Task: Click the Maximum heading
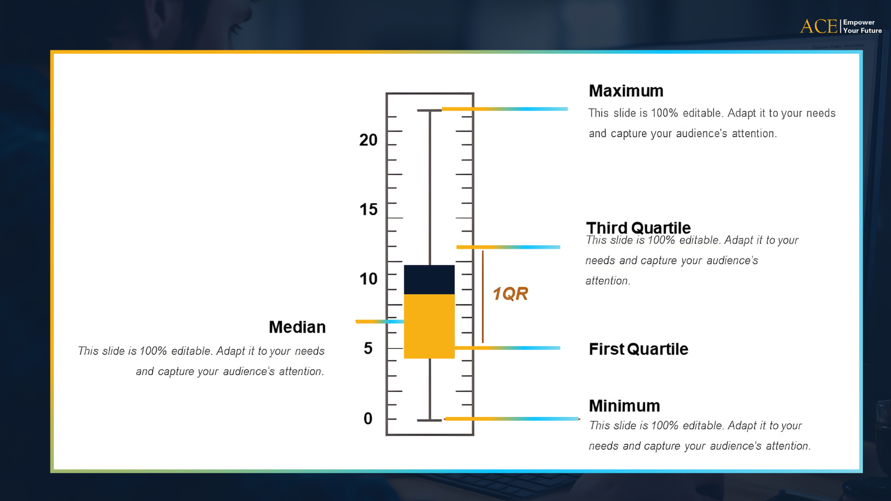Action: tap(626, 91)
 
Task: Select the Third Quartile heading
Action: tap(638, 228)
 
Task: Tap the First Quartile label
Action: tap(639, 349)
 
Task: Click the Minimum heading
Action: tap(624, 406)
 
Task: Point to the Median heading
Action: tap(297, 327)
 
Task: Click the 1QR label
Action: tap(510, 294)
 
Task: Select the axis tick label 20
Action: tap(368, 140)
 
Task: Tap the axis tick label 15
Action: tap(368, 209)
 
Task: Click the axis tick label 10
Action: tap(368, 279)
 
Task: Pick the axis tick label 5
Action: tap(368, 349)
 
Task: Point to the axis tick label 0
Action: tap(368, 419)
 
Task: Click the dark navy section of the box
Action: tap(429, 280)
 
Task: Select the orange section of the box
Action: tap(429, 326)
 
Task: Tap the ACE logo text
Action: tap(819, 26)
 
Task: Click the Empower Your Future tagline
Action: tap(862, 26)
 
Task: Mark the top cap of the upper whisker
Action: tap(430, 110)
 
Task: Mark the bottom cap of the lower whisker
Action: tap(430, 420)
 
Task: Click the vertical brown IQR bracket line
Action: tap(483, 297)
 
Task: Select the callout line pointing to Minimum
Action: tap(512, 419)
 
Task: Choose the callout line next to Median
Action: tap(380, 322)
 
